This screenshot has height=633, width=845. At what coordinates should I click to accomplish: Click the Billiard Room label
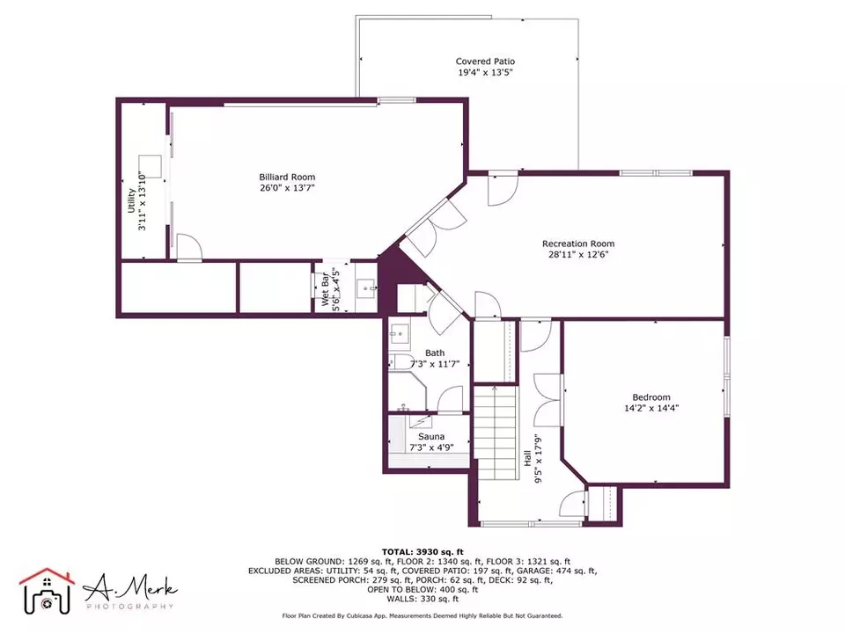click(287, 177)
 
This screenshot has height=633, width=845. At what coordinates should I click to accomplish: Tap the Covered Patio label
click(485, 62)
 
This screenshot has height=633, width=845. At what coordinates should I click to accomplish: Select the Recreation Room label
click(578, 244)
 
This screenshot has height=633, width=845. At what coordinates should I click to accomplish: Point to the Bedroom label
click(651, 397)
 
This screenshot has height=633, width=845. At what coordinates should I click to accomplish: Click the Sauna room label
click(431, 437)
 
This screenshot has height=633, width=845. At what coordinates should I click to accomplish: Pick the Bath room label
click(435, 353)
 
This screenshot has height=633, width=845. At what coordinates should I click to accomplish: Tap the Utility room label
click(131, 200)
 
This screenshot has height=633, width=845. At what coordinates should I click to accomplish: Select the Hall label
click(527, 459)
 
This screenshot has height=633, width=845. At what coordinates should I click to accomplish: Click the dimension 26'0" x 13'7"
click(287, 188)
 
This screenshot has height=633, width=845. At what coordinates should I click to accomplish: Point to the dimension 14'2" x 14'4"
click(651, 408)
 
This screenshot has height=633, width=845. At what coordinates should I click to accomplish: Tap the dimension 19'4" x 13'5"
click(485, 72)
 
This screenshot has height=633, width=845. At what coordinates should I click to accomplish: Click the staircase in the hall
click(496, 433)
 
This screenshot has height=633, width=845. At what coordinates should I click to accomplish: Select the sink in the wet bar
click(366, 288)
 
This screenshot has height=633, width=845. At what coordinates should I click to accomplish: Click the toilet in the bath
click(400, 361)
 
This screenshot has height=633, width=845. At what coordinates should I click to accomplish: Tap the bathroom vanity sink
click(399, 334)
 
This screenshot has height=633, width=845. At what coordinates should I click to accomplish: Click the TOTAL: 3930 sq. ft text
click(422, 552)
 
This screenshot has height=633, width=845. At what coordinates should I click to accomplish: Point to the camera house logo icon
click(47, 591)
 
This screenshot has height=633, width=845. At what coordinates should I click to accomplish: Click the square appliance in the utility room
click(151, 166)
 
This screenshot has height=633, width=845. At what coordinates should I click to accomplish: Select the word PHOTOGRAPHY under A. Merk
click(130, 606)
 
